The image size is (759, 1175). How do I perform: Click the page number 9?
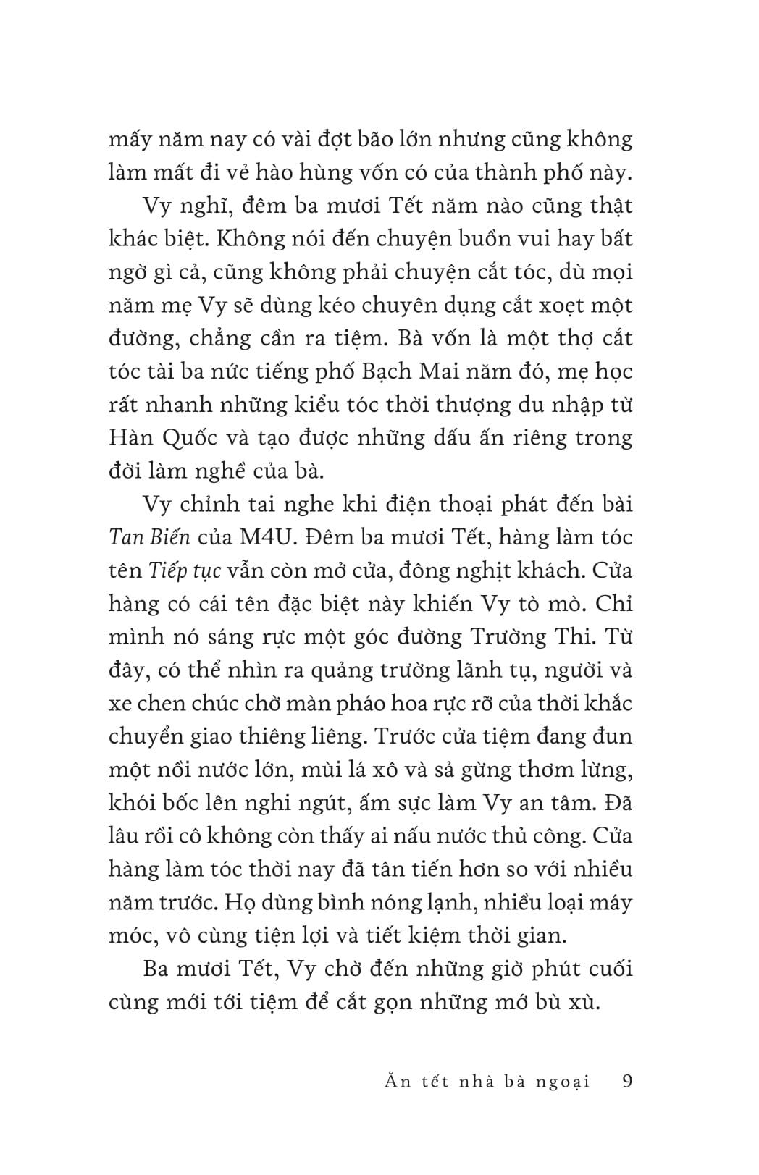627,1082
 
